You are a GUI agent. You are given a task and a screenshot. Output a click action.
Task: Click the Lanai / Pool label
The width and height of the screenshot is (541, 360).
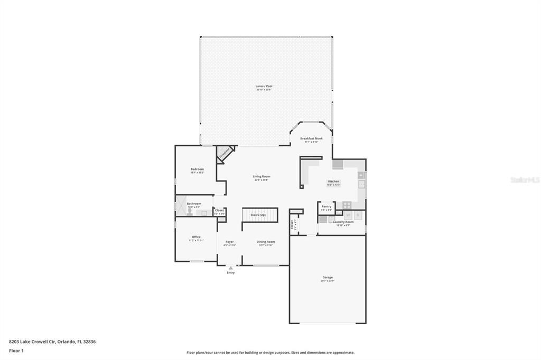click(264, 86)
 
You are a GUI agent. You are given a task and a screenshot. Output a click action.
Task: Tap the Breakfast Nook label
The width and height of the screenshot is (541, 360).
click(311, 138)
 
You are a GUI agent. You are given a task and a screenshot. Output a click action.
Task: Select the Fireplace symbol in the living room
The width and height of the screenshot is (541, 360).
click(225, 153)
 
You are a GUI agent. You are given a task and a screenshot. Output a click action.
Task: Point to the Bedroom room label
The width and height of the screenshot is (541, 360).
click(197, 169)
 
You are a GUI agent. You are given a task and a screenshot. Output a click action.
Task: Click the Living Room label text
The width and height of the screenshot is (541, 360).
click(262, 176)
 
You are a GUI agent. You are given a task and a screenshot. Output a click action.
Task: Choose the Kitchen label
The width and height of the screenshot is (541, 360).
click(333, 181)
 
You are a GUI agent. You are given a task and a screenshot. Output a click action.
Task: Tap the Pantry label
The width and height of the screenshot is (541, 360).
click(327, 206)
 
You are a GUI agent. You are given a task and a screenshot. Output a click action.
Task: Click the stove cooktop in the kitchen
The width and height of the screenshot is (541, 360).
click(347, 205)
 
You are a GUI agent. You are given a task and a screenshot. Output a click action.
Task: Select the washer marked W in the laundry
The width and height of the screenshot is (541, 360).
click(348, 215)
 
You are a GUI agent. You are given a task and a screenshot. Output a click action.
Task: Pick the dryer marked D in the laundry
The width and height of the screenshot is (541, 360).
click(358, 215)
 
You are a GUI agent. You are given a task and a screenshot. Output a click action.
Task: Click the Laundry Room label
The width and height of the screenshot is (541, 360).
click(343, 222)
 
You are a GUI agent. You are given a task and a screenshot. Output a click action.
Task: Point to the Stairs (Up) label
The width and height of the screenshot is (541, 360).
click(258, 215)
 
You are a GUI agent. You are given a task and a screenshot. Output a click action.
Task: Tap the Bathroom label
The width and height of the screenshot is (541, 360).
click(194, 203)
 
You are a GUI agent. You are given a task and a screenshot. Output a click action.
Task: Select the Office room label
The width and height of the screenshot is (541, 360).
click(196, 237)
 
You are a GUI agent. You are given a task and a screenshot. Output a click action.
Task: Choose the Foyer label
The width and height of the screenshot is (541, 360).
click(229, 242)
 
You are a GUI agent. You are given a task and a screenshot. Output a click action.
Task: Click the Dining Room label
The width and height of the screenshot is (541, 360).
click(266, 242)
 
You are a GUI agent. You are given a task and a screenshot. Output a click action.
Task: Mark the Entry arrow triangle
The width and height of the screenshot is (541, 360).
click(230, 268)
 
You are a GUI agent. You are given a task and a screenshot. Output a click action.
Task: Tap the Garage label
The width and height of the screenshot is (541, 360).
click(328, 277)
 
